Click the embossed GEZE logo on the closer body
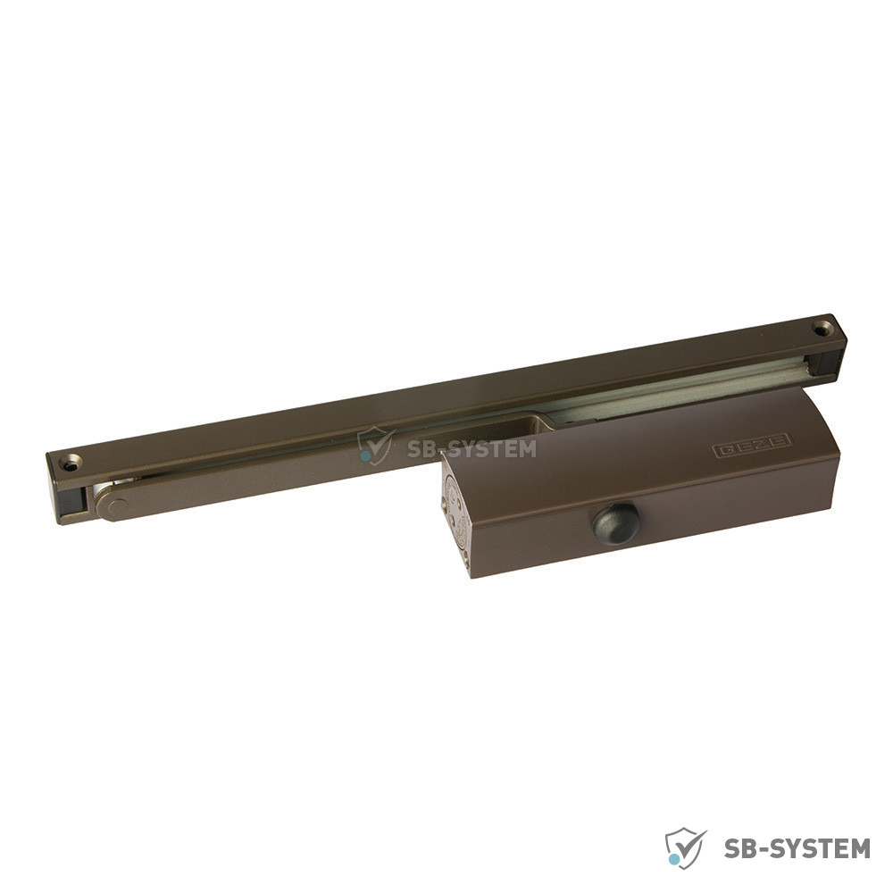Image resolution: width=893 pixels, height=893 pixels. tap(752, 446)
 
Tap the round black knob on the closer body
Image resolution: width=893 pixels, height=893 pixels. tap(615, 523)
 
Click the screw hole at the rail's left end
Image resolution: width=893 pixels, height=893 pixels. tap(71, 463)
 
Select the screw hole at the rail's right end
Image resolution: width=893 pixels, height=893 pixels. tap(822, 329)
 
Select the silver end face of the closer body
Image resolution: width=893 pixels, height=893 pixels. tap(456, 513)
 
